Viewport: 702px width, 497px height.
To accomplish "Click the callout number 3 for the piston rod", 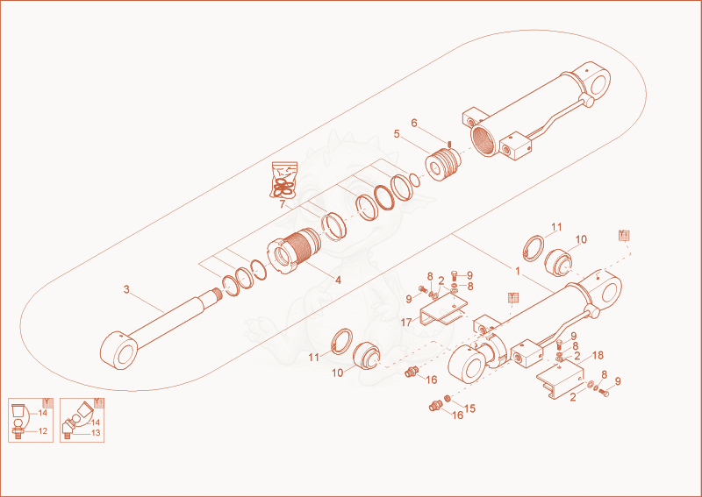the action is (126, 290).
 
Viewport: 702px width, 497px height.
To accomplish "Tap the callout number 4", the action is (338, 280).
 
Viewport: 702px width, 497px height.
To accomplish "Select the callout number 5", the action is (397, 134).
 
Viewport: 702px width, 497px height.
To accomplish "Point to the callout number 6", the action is (414, 123).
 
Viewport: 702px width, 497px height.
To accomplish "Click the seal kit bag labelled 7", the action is (283, 180).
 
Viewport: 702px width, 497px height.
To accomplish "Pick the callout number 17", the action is (406, 323).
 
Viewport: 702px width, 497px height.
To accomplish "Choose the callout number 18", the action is (598, 356).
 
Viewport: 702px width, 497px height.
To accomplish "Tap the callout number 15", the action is (469, 408).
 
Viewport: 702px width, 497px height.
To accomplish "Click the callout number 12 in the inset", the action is (42, 431).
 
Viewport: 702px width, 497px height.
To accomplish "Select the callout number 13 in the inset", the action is (96, 433).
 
